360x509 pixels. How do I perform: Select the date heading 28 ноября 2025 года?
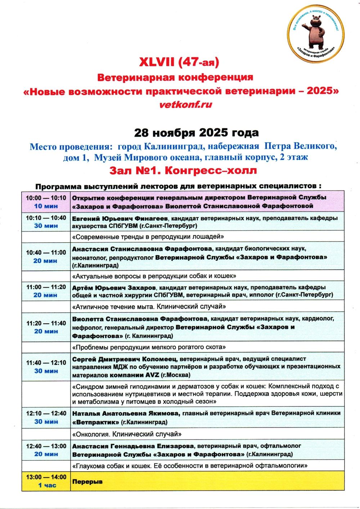[196, 132]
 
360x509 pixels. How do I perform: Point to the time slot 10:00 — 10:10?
[46, 198]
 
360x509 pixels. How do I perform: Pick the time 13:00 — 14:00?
[46, 477]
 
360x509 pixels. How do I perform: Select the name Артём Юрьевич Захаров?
[114, 288]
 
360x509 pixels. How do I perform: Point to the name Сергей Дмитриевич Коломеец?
[124, 359]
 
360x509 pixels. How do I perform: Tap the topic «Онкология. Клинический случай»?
[127, 434]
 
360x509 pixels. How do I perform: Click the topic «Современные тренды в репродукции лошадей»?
[148, 237]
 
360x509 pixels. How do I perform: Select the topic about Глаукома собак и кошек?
[190, 465]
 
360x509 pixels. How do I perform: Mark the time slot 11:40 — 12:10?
[46, 362]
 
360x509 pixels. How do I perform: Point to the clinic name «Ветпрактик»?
[95, 422]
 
